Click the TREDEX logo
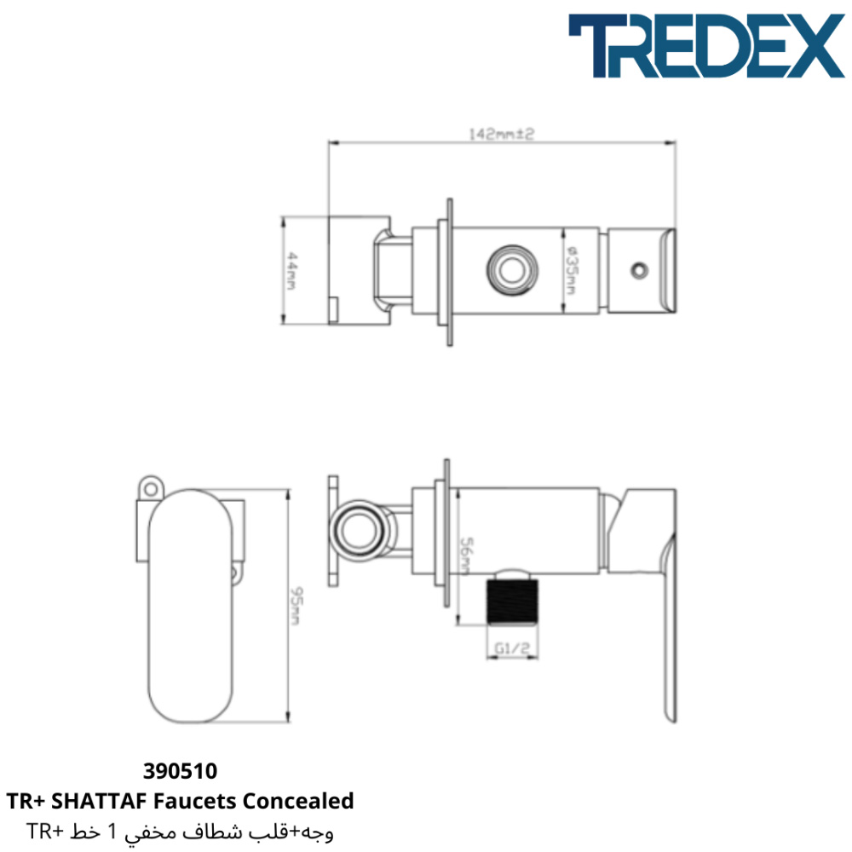click(706, 46)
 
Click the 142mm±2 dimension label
click(502, 134)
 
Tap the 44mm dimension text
click(291, 271)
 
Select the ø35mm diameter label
click(571, 271)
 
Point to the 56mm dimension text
click(466, 556)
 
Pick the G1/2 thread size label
click(512, 648)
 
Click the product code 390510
click(180, 771)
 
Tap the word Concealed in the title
click(298, 801)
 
